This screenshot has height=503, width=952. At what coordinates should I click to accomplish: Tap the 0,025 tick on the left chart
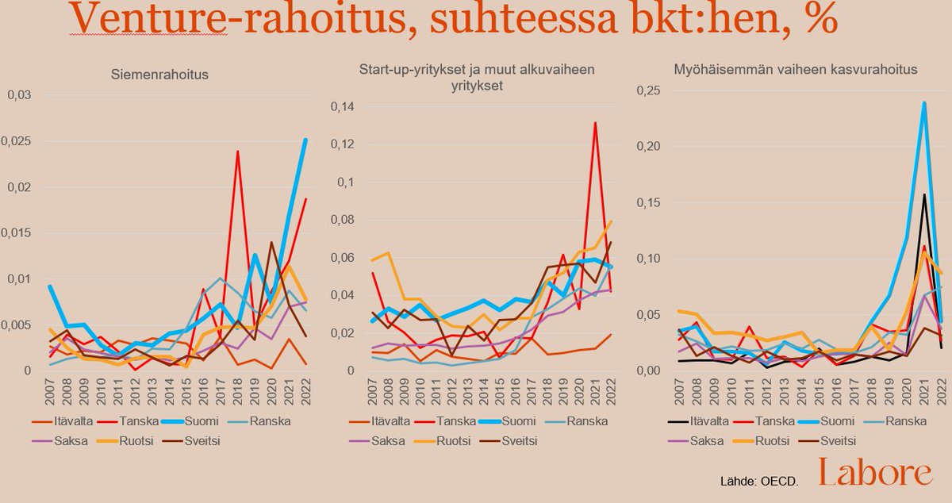[x=21, y=141]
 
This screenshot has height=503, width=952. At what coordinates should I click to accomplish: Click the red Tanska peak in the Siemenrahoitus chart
[x=237, y=151]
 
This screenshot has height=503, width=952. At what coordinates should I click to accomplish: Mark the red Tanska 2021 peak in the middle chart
[x=595, y=123]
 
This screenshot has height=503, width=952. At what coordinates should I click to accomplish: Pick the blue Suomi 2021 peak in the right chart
[x=924, y=102]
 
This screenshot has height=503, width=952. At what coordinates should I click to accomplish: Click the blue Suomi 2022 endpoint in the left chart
[x=305, y=140]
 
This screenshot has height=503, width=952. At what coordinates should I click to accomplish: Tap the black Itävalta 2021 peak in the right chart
[x=924, y=194]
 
